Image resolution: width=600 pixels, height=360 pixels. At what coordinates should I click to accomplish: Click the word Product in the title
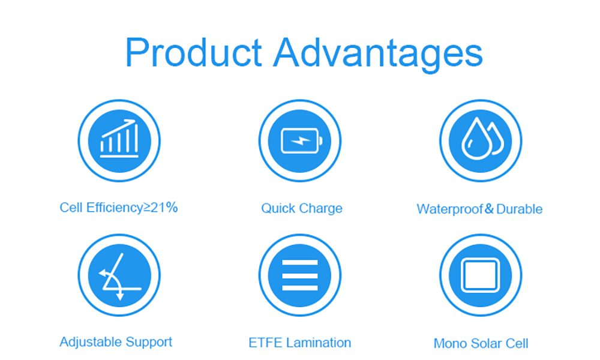[194, 52]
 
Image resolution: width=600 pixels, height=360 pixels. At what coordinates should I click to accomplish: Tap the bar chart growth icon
[119, 139]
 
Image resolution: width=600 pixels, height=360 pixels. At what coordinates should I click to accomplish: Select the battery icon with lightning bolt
[302, 141]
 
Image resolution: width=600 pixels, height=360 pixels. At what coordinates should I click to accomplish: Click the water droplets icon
[482, 139]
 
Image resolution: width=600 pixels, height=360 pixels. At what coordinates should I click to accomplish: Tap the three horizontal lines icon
[300, 275]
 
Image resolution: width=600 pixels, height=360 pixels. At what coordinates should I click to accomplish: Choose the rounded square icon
[480, 275]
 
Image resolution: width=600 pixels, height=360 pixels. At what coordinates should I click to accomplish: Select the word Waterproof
[449, 209]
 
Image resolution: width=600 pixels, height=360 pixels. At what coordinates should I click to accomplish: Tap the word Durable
[519, 209]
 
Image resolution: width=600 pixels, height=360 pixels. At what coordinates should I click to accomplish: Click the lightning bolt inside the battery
[301, 141]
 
